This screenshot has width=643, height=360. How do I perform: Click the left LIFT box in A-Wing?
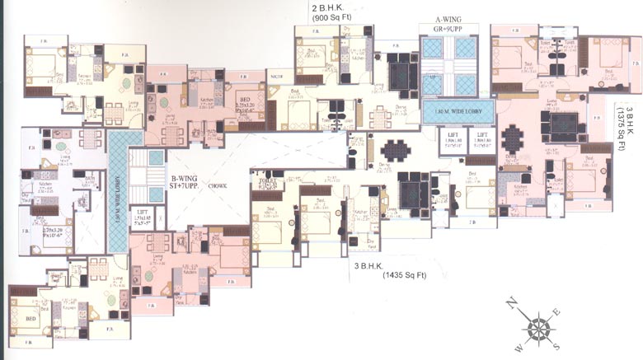coord(453,138)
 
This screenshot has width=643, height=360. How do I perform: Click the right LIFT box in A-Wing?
coord(483,138)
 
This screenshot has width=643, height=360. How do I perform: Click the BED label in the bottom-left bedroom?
coord(31,319)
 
